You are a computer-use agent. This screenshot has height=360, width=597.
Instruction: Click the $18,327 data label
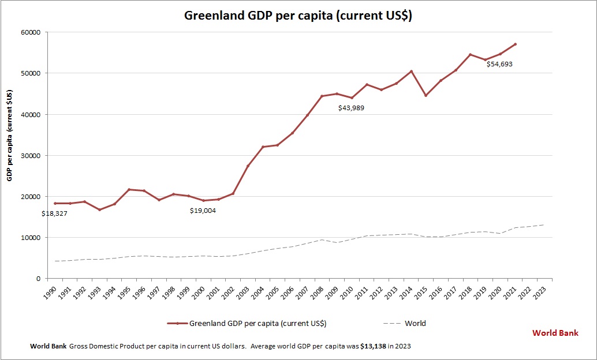(55, 213)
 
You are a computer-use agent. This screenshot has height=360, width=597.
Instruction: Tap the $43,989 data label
(351, 108)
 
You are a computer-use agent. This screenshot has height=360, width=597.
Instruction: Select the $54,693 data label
(499, 64)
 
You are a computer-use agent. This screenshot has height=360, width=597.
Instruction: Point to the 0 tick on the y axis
(37, 279)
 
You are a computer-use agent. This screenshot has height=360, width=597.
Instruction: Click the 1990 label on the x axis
(53, 290)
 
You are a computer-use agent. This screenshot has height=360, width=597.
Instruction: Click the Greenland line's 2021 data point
(515, 44)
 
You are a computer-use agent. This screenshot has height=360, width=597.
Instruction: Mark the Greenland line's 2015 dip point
(426, 95)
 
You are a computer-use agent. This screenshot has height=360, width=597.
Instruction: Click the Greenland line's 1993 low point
(99, 209)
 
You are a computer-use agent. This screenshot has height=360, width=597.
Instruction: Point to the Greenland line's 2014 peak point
(411, 71)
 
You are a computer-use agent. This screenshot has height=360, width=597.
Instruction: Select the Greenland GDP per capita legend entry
(257, 323)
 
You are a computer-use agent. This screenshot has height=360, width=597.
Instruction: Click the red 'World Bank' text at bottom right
(555, 333)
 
